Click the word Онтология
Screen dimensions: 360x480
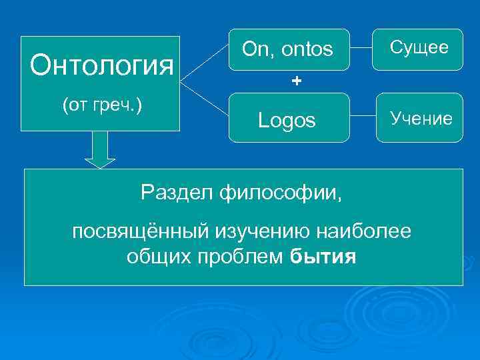(x=102, y=66)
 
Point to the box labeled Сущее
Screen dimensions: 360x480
(x=419, y=48)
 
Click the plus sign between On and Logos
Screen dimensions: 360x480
(x=296, y=81)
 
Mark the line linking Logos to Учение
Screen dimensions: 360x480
(x=363, y=118)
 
